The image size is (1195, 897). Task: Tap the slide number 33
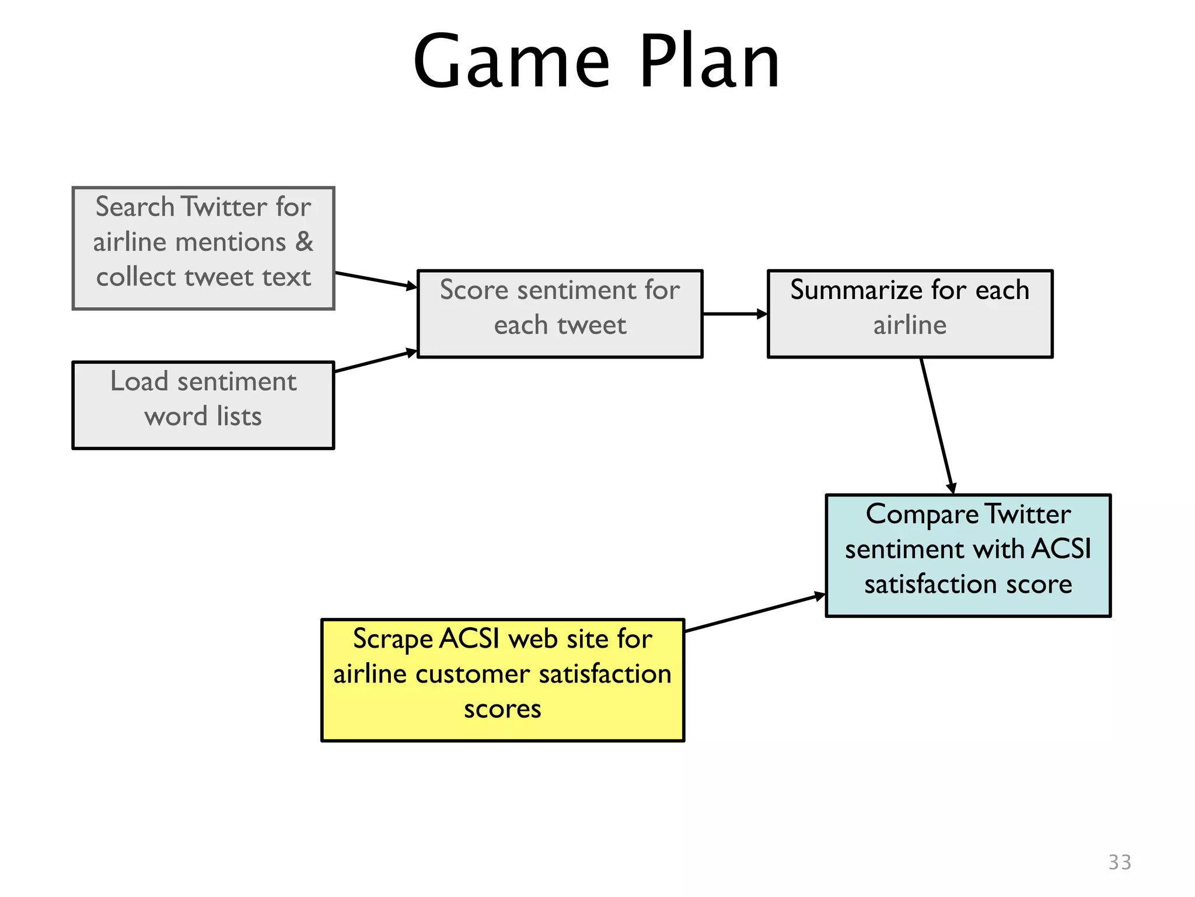[1119, 862]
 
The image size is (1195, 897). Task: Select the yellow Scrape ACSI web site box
[502, 680]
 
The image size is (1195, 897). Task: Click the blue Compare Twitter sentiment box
[967, 555]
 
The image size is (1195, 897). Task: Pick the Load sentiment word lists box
[203, 405]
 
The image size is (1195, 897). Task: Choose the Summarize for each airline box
[909, 314]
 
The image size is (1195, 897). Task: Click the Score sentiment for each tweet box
[560, 314]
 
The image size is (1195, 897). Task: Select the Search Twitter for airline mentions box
[203, 248]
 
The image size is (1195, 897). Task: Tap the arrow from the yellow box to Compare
[754, 613]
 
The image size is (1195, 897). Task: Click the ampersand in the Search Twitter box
[304, 242]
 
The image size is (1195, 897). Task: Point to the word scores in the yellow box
[502, 709]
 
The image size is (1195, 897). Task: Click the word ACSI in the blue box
[1061, 549]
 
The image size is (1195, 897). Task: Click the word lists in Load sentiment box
[239, 416]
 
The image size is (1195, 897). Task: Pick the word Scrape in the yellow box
[393, 639]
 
